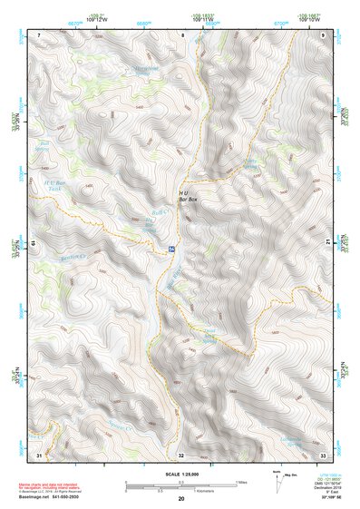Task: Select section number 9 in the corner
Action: pyautogui.click(x=324, y=34)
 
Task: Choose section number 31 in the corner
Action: pyautogui.click(x=39, y=453)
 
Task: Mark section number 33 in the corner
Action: pyautogui.click(x=323, y=453)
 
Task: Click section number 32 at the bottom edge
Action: pyautogui.click(x=181, y=454)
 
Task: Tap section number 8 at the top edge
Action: pyautogui.click(x=182, y=34)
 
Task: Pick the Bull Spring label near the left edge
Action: pyautogui.click(x=44, y=145)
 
